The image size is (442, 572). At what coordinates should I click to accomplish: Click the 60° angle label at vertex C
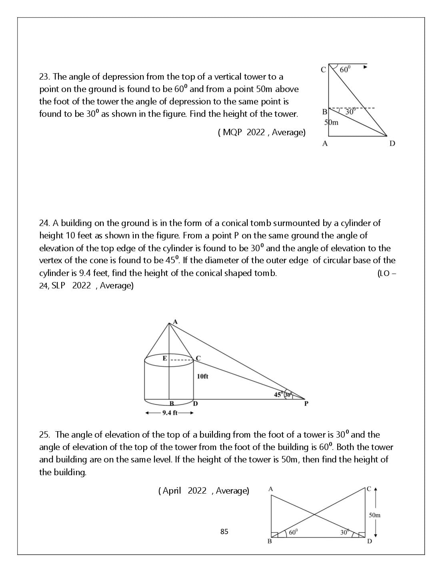[345, 70]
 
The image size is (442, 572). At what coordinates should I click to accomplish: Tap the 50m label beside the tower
[331, 122]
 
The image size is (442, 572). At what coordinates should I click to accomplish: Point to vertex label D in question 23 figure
[392, 144]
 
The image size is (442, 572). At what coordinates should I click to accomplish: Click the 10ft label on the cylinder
[202, 376]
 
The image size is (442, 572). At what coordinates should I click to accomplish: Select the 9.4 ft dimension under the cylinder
[170, 413]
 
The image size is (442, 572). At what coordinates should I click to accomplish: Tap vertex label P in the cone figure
[306, 404]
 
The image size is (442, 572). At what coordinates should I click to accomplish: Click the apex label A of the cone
[175, 322]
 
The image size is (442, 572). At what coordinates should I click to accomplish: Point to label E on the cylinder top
[164, 358]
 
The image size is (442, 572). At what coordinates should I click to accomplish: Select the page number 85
[224, 532]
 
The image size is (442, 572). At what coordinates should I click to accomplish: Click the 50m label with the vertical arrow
[374, 515]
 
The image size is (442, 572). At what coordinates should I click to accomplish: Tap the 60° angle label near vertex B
[293, 532]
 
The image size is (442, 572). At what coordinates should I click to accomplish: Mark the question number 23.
[45, 77]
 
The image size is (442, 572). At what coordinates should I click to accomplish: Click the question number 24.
[45, 223]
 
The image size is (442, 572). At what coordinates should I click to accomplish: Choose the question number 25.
[45, 434]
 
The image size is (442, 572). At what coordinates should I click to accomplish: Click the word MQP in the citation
[232, 132]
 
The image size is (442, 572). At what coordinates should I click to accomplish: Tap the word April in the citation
[172, 491]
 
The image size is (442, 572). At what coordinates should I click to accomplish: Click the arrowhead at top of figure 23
[365, 67]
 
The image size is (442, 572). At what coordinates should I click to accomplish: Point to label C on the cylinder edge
[198, 358]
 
